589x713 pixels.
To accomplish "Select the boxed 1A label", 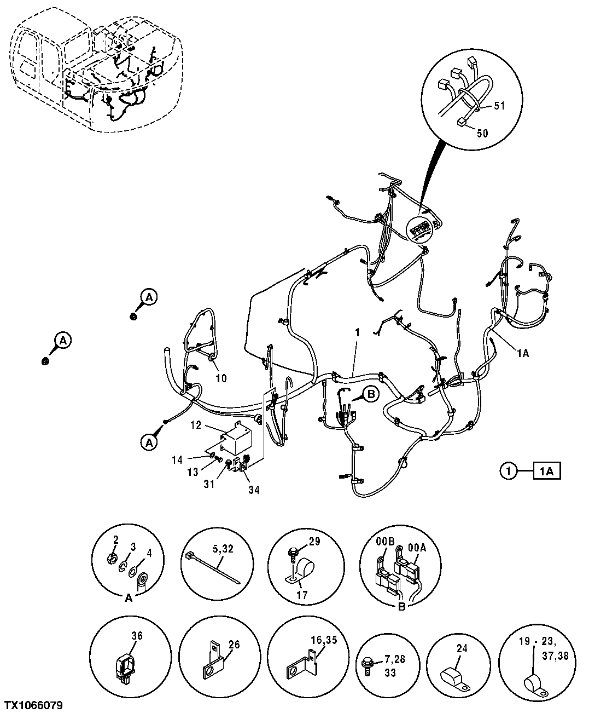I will click(546, 470).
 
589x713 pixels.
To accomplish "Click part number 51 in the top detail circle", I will click(499, 106).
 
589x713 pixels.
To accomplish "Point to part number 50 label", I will click(483, 133).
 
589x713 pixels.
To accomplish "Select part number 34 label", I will click(253, 489).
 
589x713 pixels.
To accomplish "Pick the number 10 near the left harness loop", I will click(221, 377).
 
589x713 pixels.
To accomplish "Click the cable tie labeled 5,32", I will click(211, 567).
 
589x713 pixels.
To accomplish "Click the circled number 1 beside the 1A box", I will click(508, 470).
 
